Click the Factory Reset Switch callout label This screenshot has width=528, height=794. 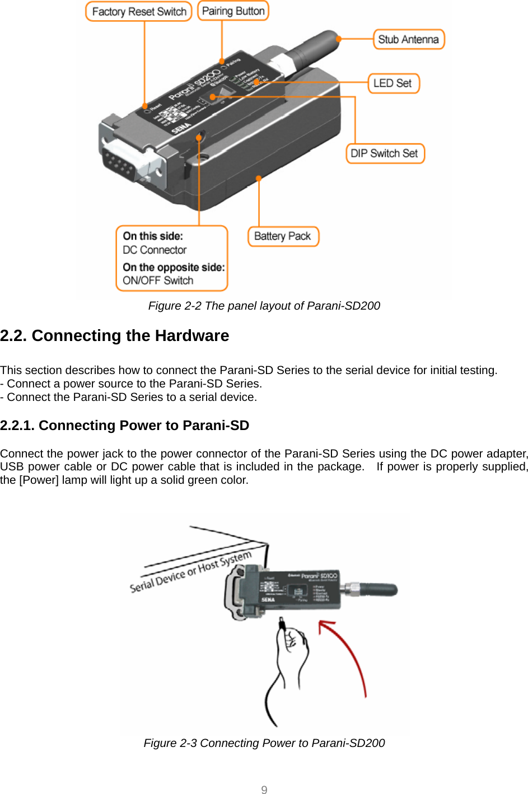click(x=139, y=12)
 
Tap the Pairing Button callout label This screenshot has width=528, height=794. click(x=233, y=11)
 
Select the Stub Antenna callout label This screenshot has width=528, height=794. click(x=408, y=40)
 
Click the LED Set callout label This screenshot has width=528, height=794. click(x=393, y=83)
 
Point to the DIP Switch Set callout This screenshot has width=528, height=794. click(x=385, y=153)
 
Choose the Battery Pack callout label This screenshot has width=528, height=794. click(x=283, y=236)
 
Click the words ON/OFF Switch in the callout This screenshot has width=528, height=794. click(x=158, y=281)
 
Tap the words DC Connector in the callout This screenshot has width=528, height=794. click(x=155, y=250)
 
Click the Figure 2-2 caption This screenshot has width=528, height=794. click(x=264, y=306)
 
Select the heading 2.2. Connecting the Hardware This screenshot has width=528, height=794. click(x=115, y=336)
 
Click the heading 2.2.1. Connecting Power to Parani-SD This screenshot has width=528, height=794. click(x=125, y=426)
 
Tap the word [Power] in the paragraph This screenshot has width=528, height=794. click(x=39, y=480)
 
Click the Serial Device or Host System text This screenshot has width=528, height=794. click(x=190, y=572)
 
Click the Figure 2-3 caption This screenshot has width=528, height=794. click(x=264, y=743)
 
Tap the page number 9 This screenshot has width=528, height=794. click(x=264, y=790)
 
